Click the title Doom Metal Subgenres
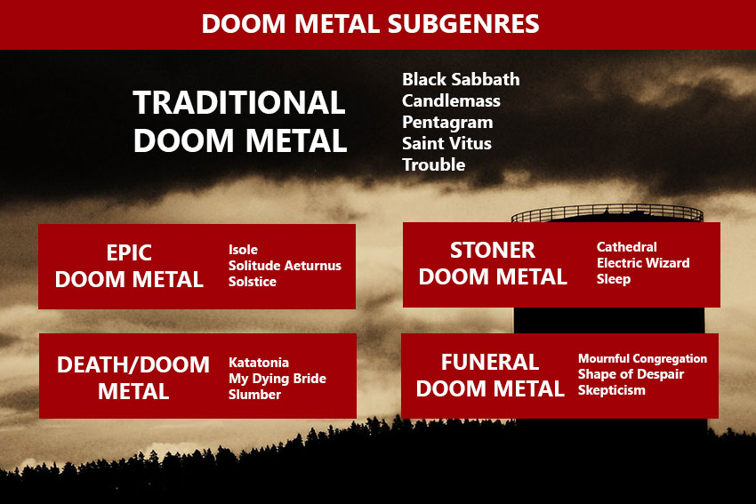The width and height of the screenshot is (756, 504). click(370, 24)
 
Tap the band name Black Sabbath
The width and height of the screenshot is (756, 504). click(461, 79)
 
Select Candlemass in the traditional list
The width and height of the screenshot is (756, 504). click(451, 100)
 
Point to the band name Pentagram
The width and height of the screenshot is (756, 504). click(447, 123)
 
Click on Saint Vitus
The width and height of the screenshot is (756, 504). click(447, 143)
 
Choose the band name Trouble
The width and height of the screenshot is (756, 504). click(434, 164)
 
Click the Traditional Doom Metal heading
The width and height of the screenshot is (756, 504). click(239, 122)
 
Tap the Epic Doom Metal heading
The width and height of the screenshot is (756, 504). click(129, 266)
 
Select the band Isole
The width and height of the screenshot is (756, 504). click(243, 250)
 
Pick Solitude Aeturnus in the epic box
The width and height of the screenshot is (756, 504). click(285, 266)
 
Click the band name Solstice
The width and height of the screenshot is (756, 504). click(253, 282)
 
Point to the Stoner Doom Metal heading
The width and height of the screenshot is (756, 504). click(493, 264)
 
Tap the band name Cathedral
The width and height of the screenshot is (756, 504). click(627, 247)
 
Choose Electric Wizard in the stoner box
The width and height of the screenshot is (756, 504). click(643, 263)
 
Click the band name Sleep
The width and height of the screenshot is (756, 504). click(614, 279)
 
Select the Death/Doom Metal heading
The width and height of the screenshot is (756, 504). click(133, 378)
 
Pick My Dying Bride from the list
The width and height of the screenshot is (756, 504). click(277, 379)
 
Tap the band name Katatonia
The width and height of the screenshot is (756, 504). click(259, 363)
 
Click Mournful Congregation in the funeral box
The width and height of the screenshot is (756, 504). click(643, 358)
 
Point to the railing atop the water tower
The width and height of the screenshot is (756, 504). click(607, 212)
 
